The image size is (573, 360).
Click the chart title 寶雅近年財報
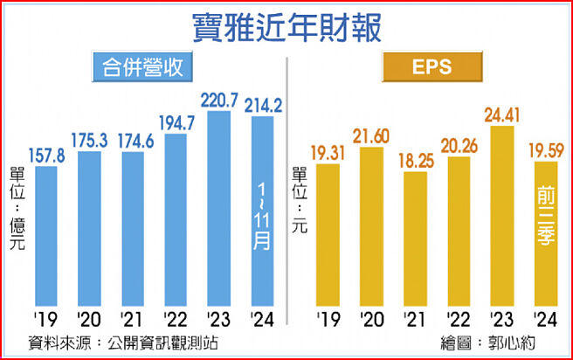point(286,26)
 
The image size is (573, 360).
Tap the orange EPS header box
point(431,66)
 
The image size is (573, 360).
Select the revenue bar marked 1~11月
point(262,214)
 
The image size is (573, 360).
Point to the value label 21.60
point(373,135)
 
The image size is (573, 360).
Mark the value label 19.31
point(329,152)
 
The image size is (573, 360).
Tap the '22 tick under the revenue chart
point(176,317)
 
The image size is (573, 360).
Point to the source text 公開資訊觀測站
point(161,342)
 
